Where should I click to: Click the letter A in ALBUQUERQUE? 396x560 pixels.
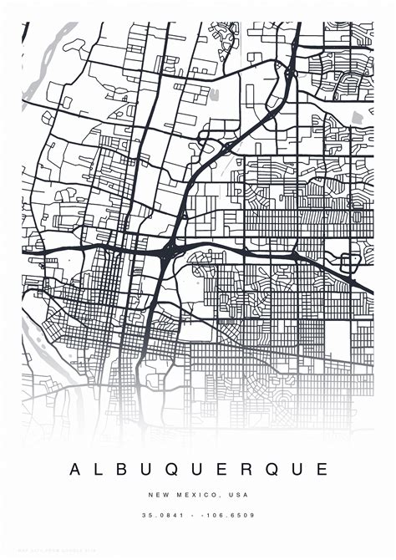[75, 470]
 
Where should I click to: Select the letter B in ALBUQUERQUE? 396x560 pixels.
[123, 470]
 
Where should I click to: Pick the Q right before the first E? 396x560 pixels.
[174, 470]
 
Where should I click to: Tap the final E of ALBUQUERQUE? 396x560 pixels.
[322, 470]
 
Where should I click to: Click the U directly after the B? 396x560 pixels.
[147, 470]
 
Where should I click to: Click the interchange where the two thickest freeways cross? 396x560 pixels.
[170, 249]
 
